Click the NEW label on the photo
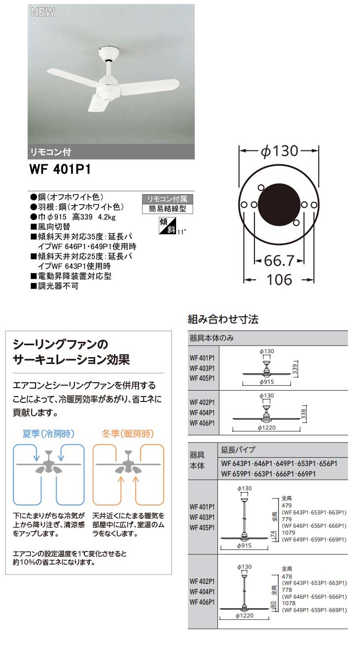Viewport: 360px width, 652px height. point(42,12)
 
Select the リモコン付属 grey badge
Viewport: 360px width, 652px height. point(167,199)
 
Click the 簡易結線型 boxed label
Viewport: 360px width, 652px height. point(167,209)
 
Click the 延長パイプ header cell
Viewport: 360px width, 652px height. point(239,450)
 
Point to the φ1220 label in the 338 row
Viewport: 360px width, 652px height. point(267,427)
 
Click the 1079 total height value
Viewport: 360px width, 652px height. point(288,533)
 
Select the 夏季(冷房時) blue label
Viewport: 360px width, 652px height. point(49,435)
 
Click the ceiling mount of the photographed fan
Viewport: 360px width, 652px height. point(108,51)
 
